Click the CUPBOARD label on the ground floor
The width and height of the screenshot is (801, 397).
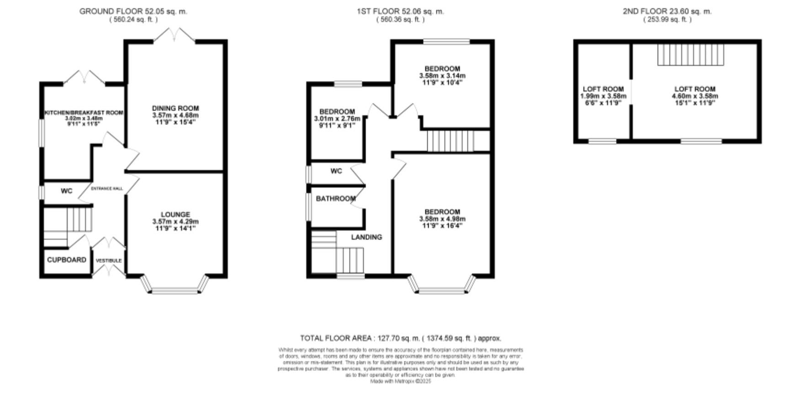click(x=67, y=260)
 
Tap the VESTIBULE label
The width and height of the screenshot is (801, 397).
click(x=109, y=261)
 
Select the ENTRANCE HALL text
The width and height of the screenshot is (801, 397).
click(x=107, y=188)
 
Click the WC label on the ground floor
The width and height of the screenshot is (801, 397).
click(x=66, y=191)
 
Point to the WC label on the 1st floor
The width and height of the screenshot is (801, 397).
click(x=336, y=171)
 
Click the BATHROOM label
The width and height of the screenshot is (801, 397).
click(x=335, y=198)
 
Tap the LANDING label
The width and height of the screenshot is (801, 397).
click(x=366, y=237)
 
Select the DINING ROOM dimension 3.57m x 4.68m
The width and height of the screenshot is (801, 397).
click(x=175, y=115)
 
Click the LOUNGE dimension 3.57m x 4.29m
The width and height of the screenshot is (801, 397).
click(x=175, y=221)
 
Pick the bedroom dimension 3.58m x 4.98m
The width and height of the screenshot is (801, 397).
click(x=442, y=219)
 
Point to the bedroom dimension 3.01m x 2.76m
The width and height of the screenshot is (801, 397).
click(x=337, y=118)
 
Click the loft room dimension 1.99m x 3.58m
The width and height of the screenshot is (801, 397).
click(x=603, y=96)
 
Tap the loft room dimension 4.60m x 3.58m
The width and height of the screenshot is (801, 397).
click(x=695, y=96)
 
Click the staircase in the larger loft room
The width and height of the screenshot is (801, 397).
click(x=691, y=54)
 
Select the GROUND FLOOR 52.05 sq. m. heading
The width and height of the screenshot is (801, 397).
click(x=133, y=11)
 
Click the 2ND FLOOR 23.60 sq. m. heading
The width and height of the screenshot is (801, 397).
click(x=667, y=11)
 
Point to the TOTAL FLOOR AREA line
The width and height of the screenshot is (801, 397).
click(x=400, y=338)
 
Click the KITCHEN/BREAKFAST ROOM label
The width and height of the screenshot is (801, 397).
click(x=84, y=113)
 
